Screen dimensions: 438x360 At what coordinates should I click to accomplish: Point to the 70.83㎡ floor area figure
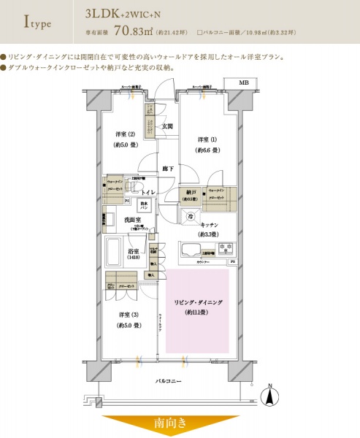click(x=149, y=32)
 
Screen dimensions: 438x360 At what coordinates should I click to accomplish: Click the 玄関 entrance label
click(x=167, y=126)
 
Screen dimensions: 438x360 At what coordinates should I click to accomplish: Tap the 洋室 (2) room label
click(x=126, y=134)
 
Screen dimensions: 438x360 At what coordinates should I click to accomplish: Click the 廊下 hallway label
click(x=168, y=169)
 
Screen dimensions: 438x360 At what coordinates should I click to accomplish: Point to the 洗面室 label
click(x=131, y=219)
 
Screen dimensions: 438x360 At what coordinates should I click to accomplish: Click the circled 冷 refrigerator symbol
click(x=190, y=217)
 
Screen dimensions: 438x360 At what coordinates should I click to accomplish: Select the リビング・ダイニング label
click(x=197, y=301)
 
